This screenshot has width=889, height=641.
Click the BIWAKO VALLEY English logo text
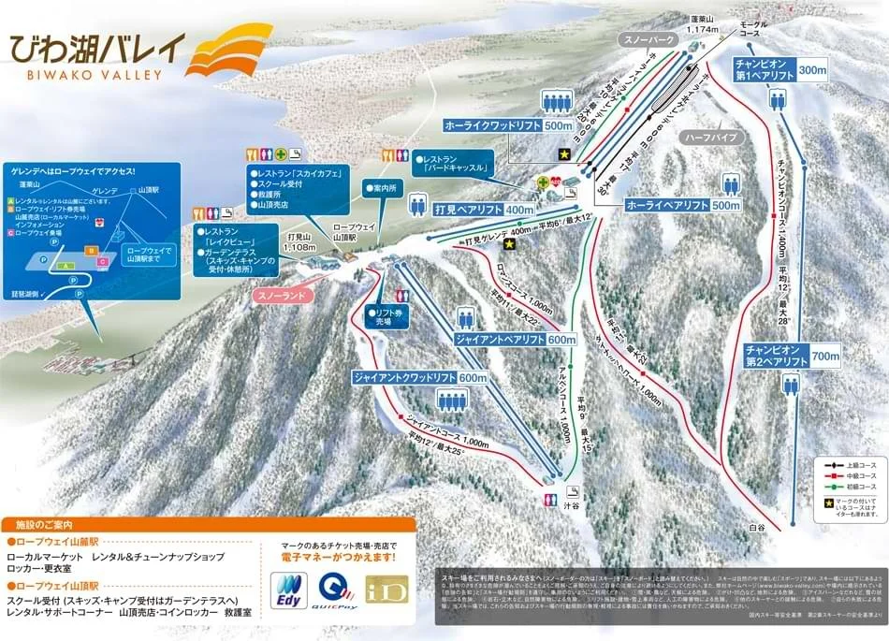81,75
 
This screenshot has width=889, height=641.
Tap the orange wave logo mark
223,53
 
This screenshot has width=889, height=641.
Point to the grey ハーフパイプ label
712,137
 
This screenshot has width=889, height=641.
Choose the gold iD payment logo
386,591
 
